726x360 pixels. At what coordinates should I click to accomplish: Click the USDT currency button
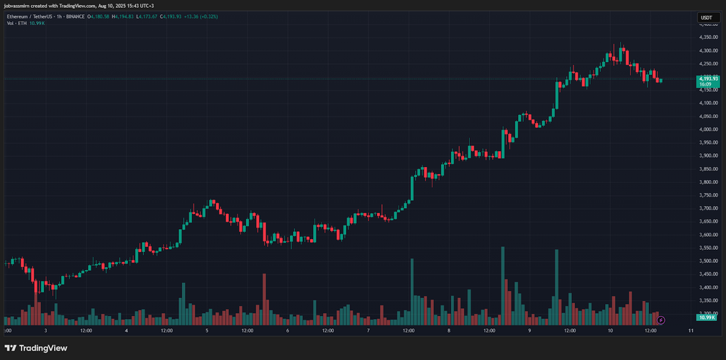click(x=707, y=17)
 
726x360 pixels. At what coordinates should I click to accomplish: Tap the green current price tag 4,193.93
click(x=708, y=78)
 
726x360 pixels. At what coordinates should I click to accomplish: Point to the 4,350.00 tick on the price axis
click(x=708, y=37)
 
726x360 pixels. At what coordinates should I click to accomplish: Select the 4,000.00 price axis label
click(x=708, y=130)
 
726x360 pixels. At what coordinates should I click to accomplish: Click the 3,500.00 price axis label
click(x=708, y=261)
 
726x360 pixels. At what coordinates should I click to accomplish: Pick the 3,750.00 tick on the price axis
click(x=708, y=195)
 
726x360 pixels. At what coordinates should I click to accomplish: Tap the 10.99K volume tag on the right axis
click(x=707, y=318)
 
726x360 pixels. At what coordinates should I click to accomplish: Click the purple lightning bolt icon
click(x=661, y=319)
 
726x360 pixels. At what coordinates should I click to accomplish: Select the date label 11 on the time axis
click(x=691, y=330)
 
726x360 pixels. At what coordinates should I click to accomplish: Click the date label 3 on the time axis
click(x=45, y=330)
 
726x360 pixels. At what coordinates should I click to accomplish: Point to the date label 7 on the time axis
click(x=368, y=330)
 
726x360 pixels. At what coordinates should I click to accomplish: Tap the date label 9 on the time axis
click(x=529, y=330)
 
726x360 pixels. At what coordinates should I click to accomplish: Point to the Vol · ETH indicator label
click(x=16, y=23)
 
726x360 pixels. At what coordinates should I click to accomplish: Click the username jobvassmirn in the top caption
click(x=18, y=6)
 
